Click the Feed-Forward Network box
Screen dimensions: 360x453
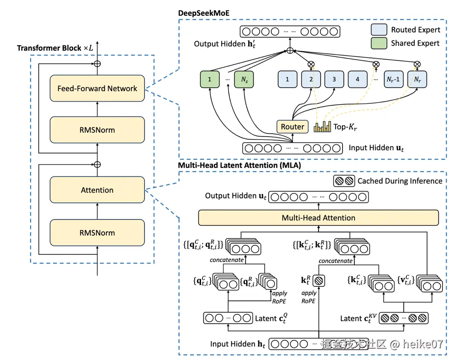coord(97,88)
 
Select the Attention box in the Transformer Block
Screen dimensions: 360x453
coord(97,190)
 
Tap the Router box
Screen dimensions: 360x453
coord(292,127)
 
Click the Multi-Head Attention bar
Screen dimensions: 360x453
coord(318,218)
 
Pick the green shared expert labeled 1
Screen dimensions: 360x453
coord(210,80)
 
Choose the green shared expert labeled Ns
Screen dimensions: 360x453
coord(244,80)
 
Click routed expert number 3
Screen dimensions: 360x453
coord(334,80)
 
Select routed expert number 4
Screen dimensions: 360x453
coord(357,80)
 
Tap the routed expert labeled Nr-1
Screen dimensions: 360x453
coord(393,80)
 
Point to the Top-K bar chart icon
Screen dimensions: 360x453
coord(323,127)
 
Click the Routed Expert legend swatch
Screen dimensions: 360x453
coord(379,30)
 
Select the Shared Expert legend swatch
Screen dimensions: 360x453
coord(379,43)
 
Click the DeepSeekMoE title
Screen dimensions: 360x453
coord(204,13)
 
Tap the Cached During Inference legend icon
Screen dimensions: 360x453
coord(344,181)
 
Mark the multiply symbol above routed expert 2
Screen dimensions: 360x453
coord(311,64)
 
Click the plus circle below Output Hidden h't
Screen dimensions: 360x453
coord(290,51)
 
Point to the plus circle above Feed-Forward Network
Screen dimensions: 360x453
coord(97,63)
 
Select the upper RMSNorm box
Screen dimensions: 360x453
coord(97,130)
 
